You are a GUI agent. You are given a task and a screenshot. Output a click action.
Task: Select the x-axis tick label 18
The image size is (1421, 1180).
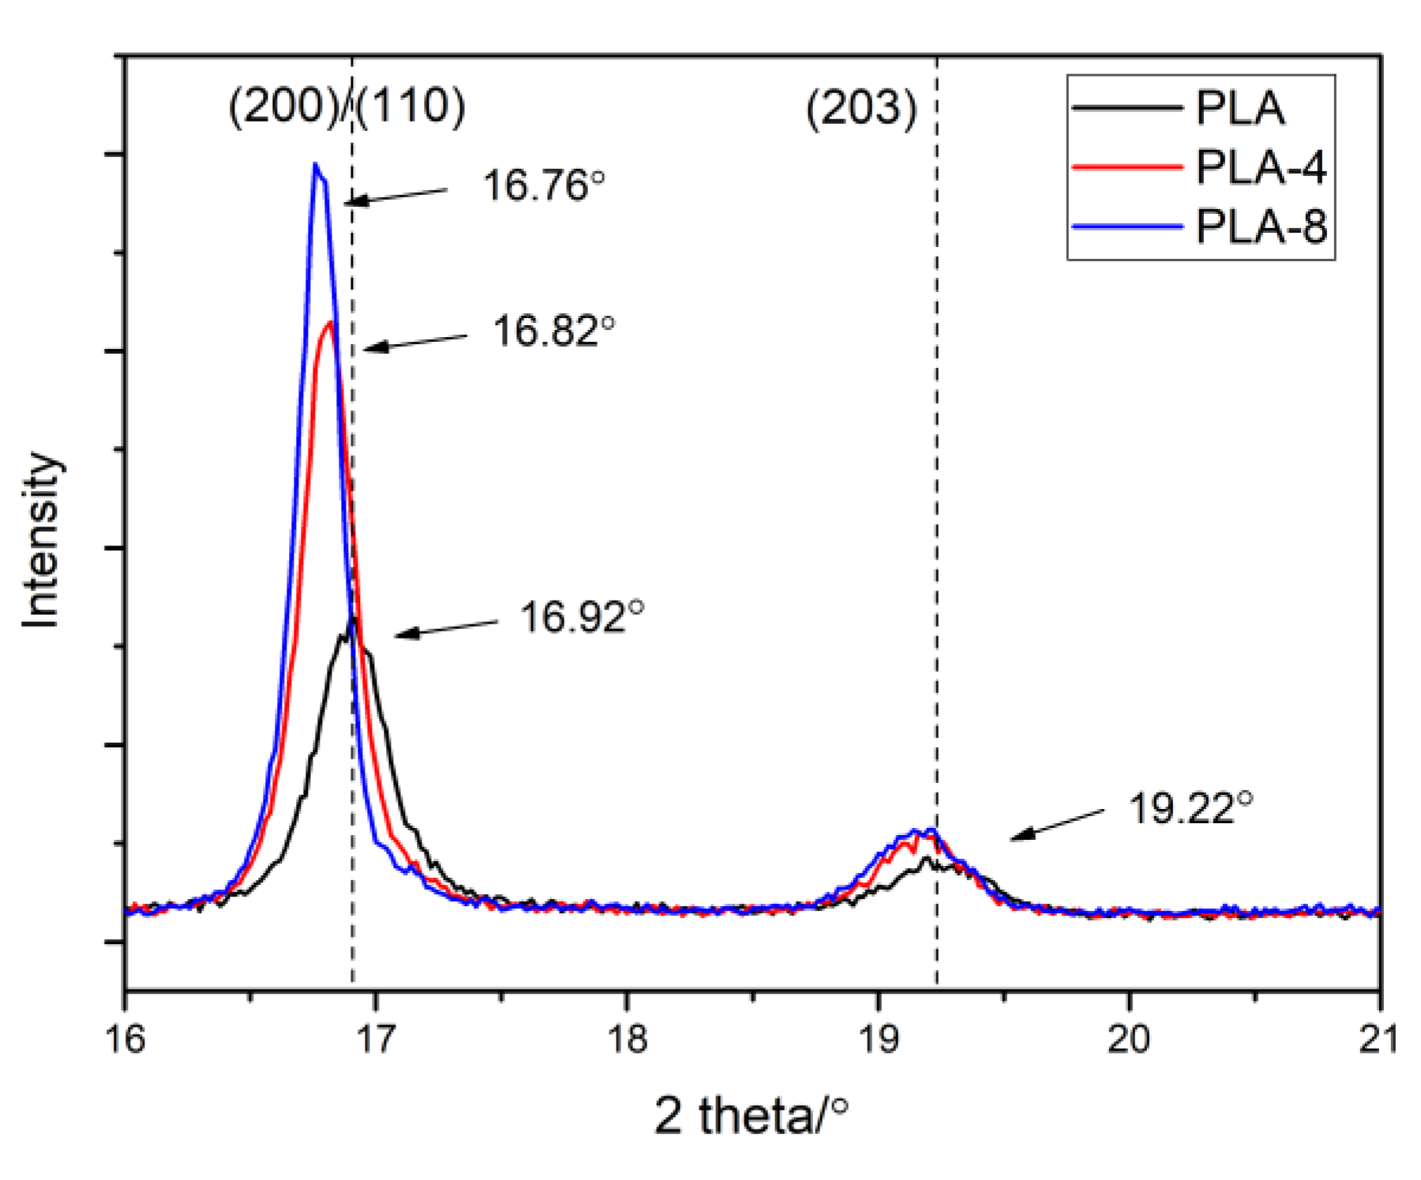[627, 1039]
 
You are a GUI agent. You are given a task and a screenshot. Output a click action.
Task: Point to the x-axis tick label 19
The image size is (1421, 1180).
[878, 1039]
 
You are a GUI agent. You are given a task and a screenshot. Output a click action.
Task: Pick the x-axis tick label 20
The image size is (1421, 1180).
[1129, 1039]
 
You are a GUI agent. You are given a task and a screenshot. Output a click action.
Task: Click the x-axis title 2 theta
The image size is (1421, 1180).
[751, 1116]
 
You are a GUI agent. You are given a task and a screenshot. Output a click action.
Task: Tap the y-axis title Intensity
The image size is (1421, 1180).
[41, 540]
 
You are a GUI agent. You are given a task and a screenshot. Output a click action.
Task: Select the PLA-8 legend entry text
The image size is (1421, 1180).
[1261, 227]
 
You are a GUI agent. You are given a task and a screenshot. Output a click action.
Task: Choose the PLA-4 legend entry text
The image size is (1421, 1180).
[1261, 167]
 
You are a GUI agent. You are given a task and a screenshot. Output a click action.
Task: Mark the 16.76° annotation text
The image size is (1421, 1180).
[543, 186]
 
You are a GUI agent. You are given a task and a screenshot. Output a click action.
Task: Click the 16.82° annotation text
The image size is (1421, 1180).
[553, 331]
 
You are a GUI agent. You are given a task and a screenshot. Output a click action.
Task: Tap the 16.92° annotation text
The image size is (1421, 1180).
[582, 616]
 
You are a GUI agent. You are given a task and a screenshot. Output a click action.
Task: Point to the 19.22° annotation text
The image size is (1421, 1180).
[1190, 808]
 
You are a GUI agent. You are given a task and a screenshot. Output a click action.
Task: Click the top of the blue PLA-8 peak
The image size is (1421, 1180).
[315, 164]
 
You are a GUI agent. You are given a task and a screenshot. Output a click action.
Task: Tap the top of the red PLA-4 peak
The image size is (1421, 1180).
[329, 322]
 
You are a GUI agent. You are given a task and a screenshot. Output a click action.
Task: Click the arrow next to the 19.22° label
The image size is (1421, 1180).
[1057, 824]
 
